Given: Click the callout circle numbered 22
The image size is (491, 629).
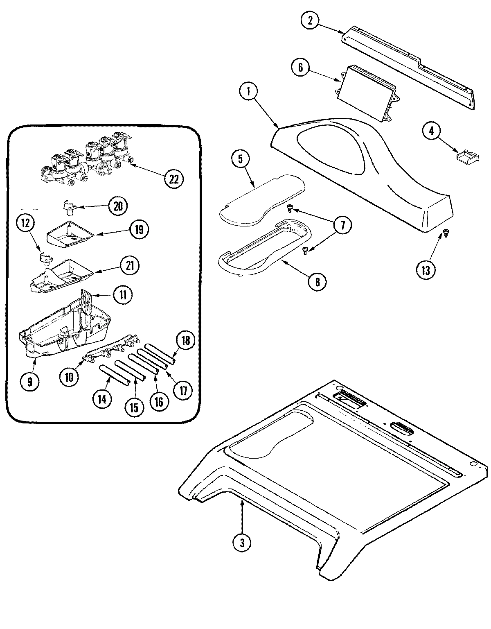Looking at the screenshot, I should pos(174,179).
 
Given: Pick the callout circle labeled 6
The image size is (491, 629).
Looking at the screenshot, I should pos(301,68).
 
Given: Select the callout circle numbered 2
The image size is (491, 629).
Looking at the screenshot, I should pos(310,21).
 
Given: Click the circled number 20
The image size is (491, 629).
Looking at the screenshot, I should pos(118,206).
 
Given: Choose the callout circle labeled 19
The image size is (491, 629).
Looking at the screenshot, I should pos(139,229).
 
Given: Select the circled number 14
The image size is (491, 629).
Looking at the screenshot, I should pos(102,399).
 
